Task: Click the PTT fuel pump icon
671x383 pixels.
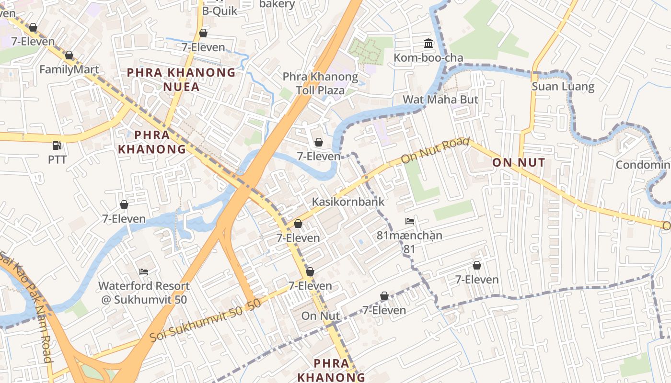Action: pyautogui.click(x=57, y=145)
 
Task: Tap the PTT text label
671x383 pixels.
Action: pyautogui.click(x=57, y=159)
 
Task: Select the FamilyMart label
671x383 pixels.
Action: pyautogui.click(x=69, y=69)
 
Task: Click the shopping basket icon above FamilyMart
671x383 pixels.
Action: pyautogui.click(x=69, y=56)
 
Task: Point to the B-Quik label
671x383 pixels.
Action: pyautogui.click(x=220, y=11)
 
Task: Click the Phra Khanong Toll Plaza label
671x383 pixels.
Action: pyautogui.click(x=320, y=83)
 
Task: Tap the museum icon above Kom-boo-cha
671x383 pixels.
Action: pyautogui.click(x=428, y=44)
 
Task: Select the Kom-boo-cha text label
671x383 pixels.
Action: pyautogui.click(x=428, y=58)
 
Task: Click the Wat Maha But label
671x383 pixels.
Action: pyautogui.click(x=440, y=100)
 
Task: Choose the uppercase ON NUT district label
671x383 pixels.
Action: pyautogui.click(x=519, y=163)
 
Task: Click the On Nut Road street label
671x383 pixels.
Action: pyautogui.click(x=435, y=150)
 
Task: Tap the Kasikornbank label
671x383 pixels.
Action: pyautogui.click(x=348, y=202)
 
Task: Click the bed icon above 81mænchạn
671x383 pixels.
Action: pyautogui.click(x=409, y=221)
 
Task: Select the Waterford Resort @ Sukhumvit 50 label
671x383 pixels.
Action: pyautogui.click(x=144, y=293)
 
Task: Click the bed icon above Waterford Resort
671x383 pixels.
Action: pyautogui.click(x=144, y=272)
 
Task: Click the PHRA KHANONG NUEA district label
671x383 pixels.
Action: pyautogui.click(x=181, y=79)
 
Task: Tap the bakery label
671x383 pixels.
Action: pyautogui.click(x=277, y=4)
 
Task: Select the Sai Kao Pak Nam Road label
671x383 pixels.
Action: pyautogui.click(x=26, y=306)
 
